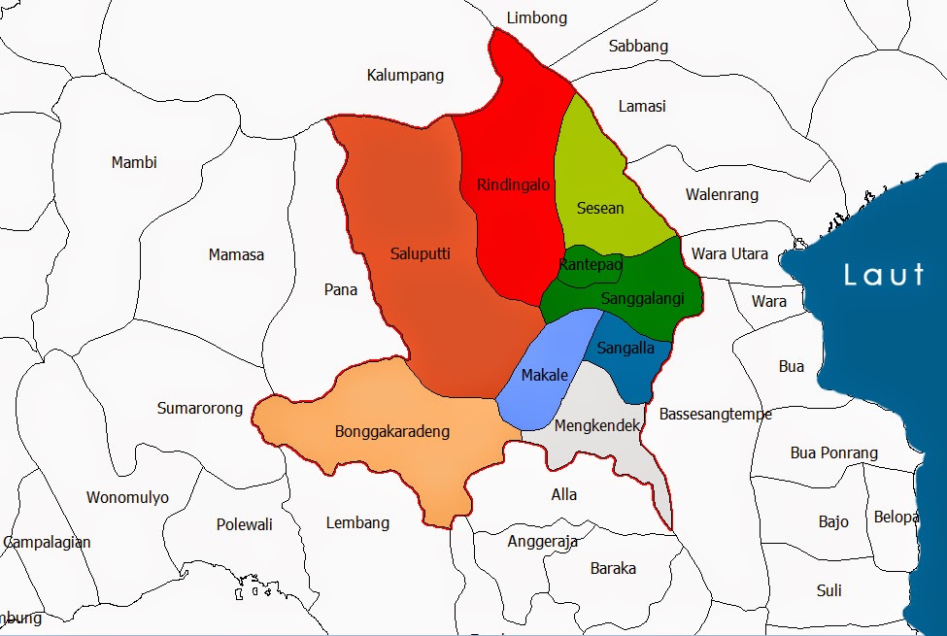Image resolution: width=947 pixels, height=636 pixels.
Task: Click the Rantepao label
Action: coord(591,264)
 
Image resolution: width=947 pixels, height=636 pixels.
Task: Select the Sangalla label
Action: coord(626,349)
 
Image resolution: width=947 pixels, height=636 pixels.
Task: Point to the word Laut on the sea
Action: coord(884,275)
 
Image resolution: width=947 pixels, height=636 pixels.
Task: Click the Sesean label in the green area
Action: coord(600,208)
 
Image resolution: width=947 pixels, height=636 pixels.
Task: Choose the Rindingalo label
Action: coord(513,184)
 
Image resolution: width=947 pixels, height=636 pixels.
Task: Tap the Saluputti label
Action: coord(420,253)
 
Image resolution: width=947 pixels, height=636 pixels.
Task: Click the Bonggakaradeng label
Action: coord(391,431)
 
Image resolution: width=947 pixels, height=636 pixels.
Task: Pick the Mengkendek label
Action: coord(597,425)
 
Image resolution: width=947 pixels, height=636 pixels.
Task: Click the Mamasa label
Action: coord(236,255)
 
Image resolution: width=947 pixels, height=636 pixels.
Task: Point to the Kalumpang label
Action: coord(405,75)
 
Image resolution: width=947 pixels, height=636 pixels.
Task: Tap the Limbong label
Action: coord(537,17)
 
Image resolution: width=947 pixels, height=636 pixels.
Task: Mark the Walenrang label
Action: coord(722,194)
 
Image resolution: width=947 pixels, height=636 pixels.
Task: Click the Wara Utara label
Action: coord(729,254)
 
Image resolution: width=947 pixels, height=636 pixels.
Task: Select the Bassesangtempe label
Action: coord(716,414)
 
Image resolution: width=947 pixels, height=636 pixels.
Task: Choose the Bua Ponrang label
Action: coord(833,452)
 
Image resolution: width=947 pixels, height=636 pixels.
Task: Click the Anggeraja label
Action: coord(543,542)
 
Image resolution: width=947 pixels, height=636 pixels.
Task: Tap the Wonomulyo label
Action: coord(127,498)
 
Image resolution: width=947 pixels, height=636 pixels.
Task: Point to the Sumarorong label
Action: coord(200,409)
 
